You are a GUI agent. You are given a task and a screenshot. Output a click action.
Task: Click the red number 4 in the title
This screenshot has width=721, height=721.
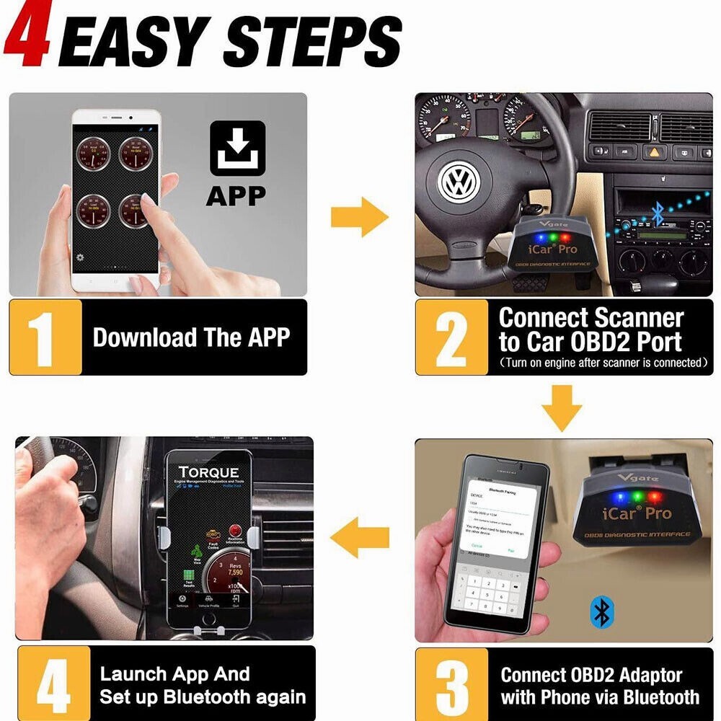click(27, 36)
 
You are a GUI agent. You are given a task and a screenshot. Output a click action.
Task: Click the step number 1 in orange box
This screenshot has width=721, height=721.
click(44, 337)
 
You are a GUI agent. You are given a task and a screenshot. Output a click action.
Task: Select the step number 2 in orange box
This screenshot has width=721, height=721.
click(451, 337)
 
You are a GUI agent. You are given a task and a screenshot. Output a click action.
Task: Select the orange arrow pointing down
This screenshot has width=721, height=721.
click(562, 408)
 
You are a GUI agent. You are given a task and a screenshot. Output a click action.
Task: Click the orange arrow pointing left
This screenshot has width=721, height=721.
click(359, 537)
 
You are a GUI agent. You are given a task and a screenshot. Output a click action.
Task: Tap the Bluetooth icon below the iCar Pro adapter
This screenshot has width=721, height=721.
click(601, 611)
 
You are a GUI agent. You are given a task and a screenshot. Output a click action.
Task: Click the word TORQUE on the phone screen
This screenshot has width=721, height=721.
click(208, 473)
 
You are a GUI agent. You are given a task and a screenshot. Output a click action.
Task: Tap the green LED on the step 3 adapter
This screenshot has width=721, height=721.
click(637, 496)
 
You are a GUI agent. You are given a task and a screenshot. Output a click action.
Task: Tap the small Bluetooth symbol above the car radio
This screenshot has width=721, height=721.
click(657, 211)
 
